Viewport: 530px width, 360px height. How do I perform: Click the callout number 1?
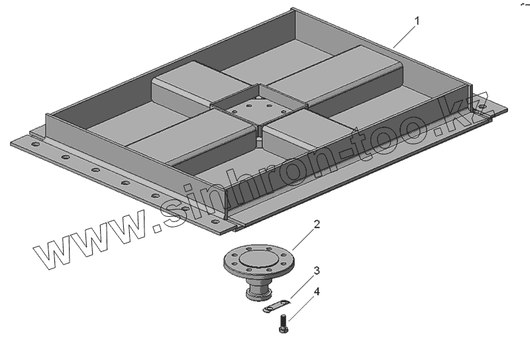coord(417,21)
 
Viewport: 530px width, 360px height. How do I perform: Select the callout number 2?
coord(317,224)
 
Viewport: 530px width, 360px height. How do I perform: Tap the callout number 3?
coord(317,270)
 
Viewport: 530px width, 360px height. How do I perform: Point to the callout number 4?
coord(317,292)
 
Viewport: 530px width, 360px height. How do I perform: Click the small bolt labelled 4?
coord(284,323)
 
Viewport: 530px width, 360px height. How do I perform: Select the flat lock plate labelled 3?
coord(277,306)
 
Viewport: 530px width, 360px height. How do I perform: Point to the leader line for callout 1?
coord(404,36)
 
